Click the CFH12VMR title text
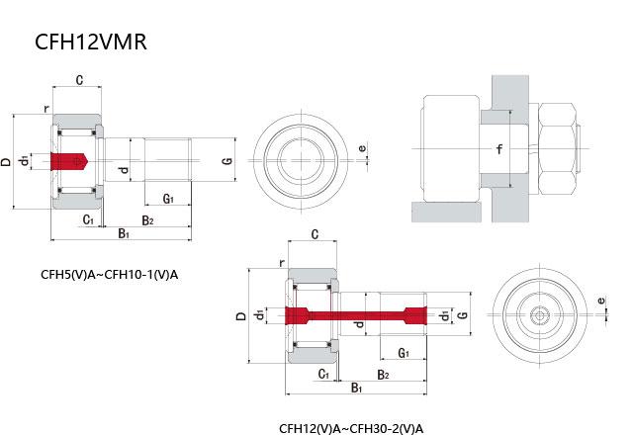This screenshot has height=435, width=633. tap(90, 43)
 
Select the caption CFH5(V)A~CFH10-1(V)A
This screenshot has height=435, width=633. tap(109, 274)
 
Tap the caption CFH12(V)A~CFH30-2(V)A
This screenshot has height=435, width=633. tap(350, 428)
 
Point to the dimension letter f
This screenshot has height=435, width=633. tap(500, 150)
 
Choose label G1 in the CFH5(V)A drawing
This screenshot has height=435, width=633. tap(168, 199)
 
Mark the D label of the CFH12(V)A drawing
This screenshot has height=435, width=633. tap(240, 316)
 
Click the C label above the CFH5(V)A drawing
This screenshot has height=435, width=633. tap(79, 78)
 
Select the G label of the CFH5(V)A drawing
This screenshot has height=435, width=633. tap(226, 160)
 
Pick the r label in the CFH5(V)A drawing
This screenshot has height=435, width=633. tap(45, 109)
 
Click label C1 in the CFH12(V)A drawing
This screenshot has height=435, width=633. tap(323, 374)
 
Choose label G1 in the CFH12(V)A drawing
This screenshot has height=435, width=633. tap(404, 353)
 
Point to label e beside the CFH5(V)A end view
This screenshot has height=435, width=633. tap(362, 149)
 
